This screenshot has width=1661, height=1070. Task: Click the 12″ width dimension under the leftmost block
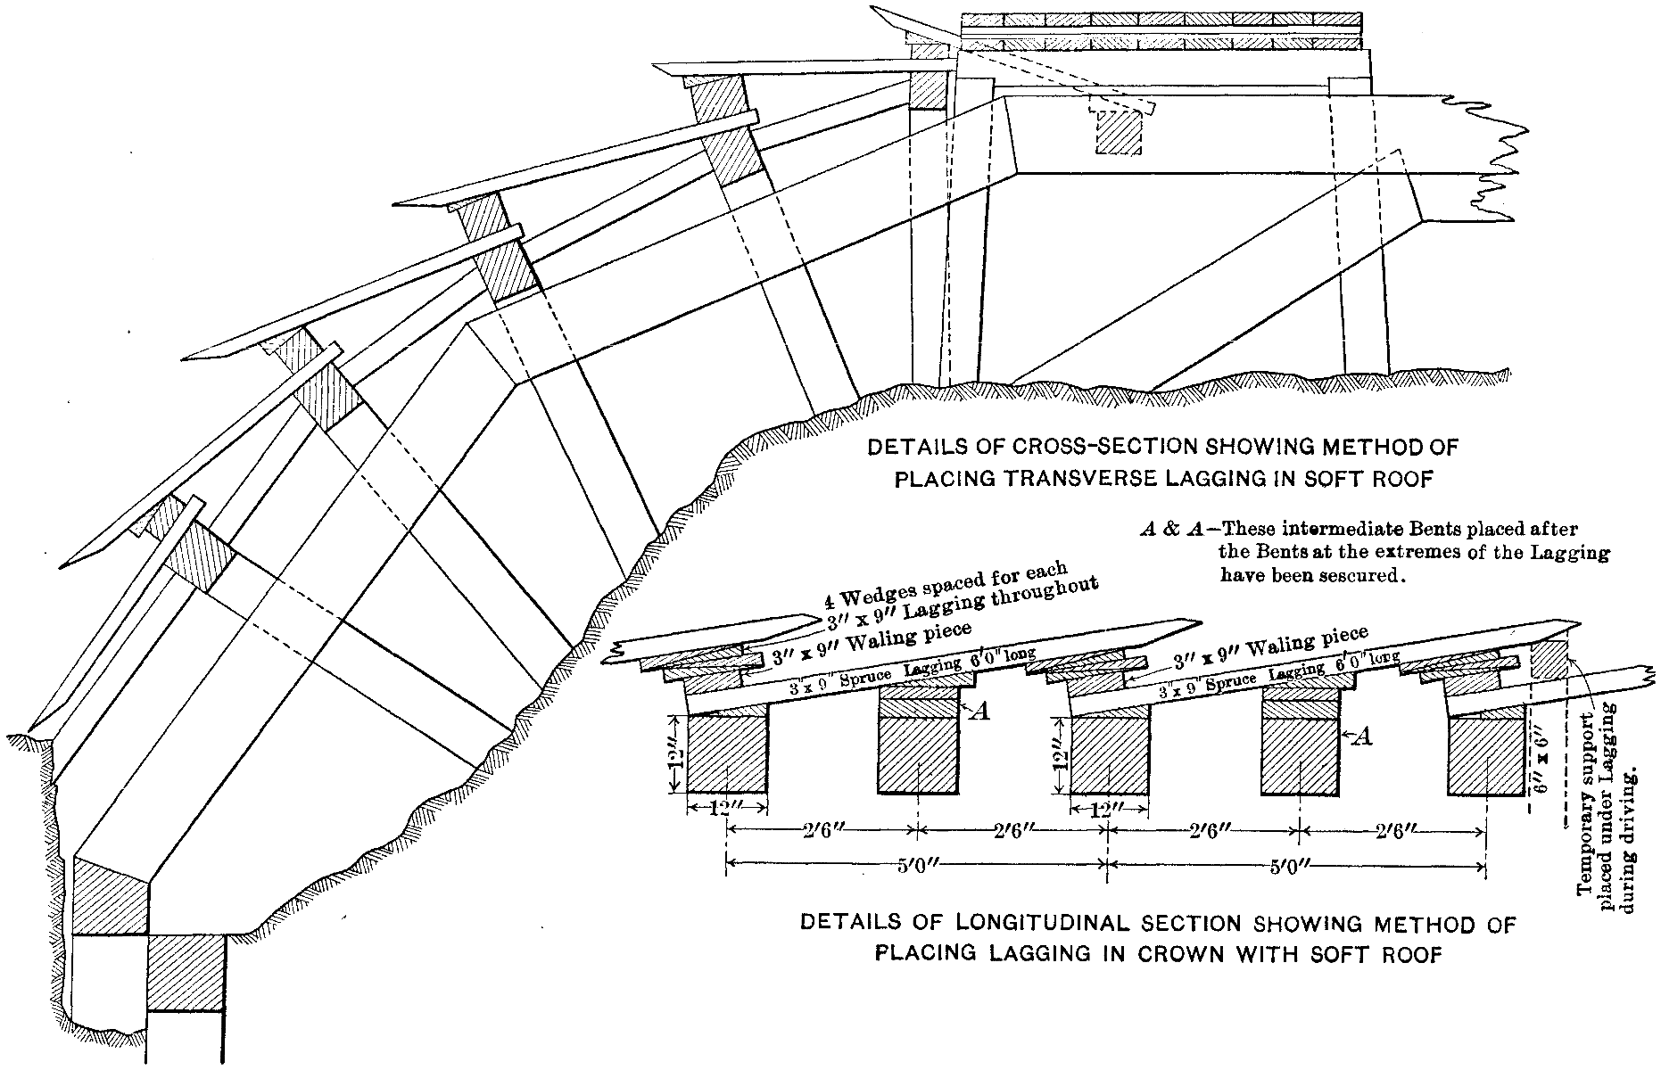coord(727,810)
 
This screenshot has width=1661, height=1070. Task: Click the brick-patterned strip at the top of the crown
coord(1162,21)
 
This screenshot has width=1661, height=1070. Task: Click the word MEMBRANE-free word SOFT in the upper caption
coord(1318,481)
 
